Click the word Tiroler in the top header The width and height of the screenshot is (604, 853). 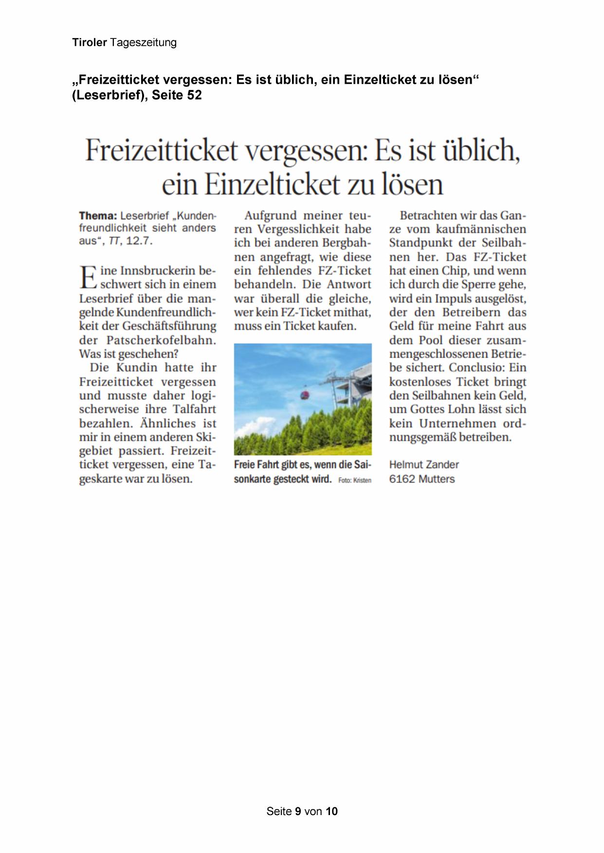(x=90, y=42)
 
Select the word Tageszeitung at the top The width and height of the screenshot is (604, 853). (x=143, y=43)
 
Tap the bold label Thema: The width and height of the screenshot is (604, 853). (x=98, y=215)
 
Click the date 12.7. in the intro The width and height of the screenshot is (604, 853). (x=139, y=241)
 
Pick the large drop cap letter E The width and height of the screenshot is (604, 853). (x=88, y=277)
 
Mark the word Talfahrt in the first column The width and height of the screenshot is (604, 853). (x=194, y=409)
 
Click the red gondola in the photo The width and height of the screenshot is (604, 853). (x=305, y=393)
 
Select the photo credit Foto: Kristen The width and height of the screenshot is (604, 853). (x=355, y=480)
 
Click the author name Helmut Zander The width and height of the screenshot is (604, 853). (x=424, y=464)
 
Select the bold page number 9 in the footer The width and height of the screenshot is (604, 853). (x=298, y=811)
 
